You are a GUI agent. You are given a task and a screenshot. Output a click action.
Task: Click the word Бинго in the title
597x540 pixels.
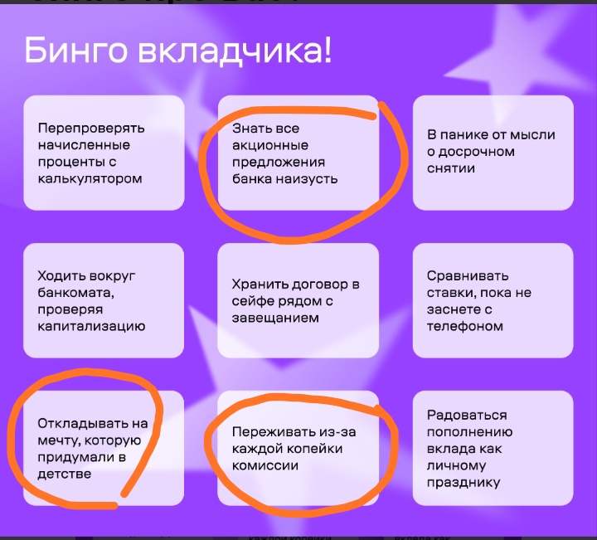(x=75, y=51)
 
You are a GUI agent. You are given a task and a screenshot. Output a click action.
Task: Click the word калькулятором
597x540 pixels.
(x=90, y=178)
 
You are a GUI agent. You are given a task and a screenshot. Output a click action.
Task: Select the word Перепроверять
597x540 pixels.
(x=91, y=128)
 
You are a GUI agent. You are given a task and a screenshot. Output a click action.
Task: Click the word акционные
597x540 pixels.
(x=270, y=145)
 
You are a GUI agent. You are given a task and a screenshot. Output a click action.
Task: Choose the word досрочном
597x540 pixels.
(x=476, y=152)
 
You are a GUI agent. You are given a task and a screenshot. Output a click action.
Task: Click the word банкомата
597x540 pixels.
(x=75, y=293)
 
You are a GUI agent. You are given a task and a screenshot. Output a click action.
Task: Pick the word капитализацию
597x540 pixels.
(x=91, y=326)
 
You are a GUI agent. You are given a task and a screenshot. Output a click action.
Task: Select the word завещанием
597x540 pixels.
(x=275, y=318)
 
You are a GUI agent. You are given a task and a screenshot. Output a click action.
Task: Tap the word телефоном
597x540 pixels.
(x=465, y=326)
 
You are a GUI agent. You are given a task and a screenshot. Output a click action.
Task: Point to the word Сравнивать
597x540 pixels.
(x=468, y=275)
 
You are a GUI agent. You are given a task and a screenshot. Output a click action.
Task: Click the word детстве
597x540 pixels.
(x=65, y=474)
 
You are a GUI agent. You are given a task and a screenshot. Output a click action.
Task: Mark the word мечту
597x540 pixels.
(x=59, y=440)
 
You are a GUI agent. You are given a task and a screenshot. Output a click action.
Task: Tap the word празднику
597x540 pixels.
(x=464, y=483)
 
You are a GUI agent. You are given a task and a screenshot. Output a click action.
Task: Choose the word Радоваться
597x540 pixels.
(x=467, y=415)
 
